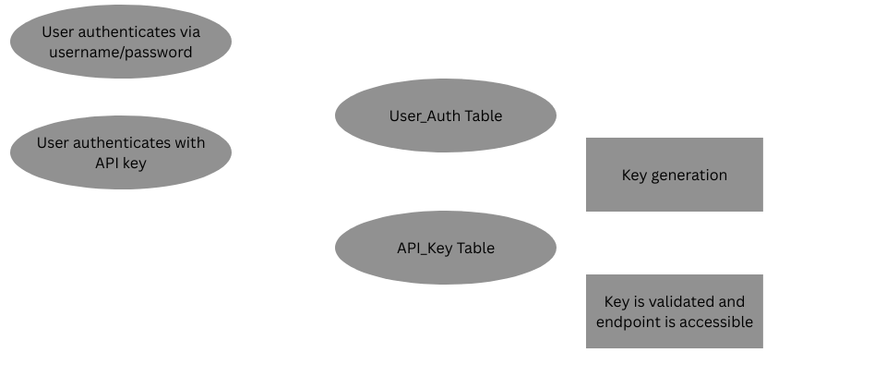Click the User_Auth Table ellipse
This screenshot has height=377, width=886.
pos(445,116)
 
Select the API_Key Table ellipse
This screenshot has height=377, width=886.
pos(445,248)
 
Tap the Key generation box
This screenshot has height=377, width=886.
pos(674,175)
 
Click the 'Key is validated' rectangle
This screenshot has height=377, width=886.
pos(674,311)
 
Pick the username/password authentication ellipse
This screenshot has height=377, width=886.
pos(120,42)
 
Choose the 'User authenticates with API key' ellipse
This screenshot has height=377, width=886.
pos(120,152)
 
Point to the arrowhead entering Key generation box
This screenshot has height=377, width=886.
pos(581,175)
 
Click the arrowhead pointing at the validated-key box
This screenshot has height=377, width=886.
pos(581,311)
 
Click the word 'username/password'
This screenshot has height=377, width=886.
pos(120,52)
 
